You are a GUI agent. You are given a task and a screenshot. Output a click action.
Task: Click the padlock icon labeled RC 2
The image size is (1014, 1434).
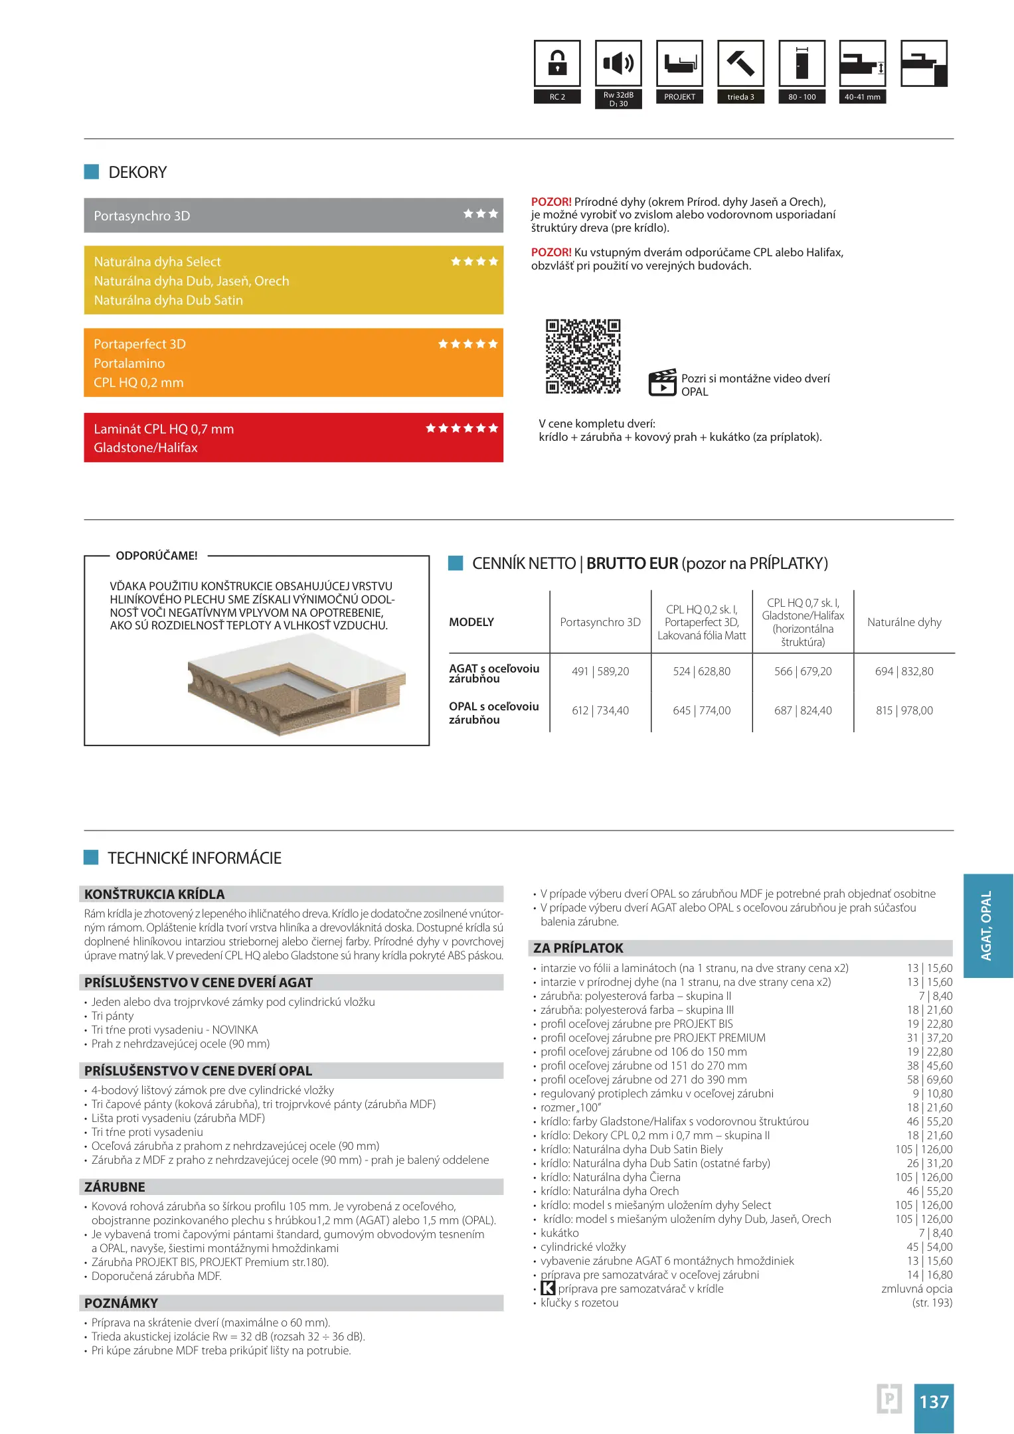[557, 64]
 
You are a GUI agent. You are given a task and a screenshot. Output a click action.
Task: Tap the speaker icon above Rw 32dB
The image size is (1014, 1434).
[618, 64]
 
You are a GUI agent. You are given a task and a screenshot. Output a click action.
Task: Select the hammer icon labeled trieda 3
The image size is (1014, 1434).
[740, 64]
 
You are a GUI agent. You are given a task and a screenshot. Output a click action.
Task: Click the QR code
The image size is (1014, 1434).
[583, 357]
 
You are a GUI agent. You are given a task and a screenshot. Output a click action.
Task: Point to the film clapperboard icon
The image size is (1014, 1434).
[662, 382]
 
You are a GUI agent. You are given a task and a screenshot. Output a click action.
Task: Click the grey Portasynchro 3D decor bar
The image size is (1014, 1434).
[293, 216]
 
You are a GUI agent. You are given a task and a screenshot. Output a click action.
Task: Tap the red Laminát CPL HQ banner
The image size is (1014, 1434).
[293, 438]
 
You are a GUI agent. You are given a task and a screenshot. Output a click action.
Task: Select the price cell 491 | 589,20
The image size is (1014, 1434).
[600, 671]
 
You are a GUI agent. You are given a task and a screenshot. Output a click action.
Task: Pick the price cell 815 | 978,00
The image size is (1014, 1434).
[904, 710]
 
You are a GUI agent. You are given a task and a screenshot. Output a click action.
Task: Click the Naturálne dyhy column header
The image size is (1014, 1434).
[904, 622]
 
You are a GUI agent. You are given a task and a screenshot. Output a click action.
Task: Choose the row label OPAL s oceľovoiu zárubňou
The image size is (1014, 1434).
[494, 712]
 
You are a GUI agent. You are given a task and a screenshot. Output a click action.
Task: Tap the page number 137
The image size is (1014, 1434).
[934, 1401]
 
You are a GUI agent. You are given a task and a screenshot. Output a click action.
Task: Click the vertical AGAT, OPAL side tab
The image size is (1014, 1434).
[987, 925]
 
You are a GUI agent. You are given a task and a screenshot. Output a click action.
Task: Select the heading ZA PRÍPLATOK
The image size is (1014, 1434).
[578, 948]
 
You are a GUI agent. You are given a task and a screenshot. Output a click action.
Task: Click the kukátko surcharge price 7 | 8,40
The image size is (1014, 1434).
[935, 1233]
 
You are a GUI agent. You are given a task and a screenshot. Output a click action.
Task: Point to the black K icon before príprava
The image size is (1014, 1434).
[548, 1288]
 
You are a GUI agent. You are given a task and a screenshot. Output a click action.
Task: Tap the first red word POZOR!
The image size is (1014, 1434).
[551, 202]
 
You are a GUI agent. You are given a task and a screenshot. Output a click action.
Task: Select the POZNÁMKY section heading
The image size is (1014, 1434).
[122, 1303]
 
